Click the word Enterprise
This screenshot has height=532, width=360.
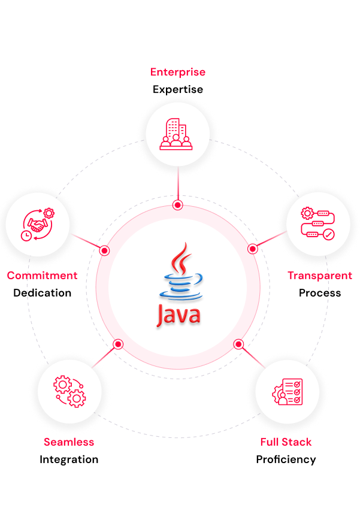click(178, 72)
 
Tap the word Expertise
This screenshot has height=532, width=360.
click(178, 90)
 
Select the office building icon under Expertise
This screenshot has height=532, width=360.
click(176, 134)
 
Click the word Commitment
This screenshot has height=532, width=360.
click(42, 276)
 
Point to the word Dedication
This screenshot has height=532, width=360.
click(42, 293)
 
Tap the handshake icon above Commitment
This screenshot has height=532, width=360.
click(38, 224)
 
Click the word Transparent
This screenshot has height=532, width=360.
click(320, 276)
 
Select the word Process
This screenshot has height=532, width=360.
click(320, 293)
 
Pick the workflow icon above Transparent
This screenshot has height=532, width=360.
click(318, 223)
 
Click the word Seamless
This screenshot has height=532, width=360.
click(69, 442)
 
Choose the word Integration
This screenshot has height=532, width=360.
click(69, 460)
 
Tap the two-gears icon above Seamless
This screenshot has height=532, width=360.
click(69, 391)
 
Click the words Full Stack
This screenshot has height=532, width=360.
click(286, 442)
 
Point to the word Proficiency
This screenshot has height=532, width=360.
click(286, 460)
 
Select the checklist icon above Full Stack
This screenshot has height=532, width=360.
click(288, 392)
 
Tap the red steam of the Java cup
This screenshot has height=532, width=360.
click(181, 259)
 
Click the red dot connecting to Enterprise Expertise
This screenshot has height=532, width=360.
click(178, 205)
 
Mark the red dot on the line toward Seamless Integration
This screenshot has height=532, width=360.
click(118, 344)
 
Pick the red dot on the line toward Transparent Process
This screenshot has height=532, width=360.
click(252, 249)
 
